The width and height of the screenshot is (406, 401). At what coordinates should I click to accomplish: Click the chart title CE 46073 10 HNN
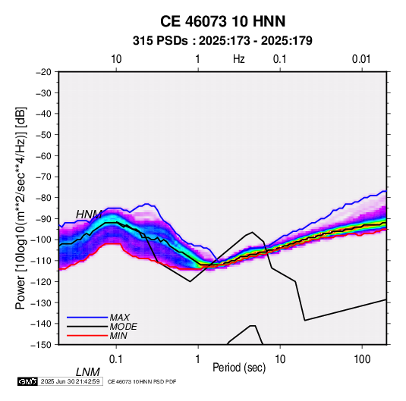pos(222,21)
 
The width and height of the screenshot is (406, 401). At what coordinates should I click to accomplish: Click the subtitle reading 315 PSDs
pos(160,41)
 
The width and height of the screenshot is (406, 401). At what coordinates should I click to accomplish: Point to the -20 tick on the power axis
pos(43,72)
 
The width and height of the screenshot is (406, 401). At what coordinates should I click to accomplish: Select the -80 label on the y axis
pos(43,198)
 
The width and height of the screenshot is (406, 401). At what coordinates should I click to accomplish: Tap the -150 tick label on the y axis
pos(41,345)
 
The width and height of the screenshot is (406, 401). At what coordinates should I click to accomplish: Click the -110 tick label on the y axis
pos(41,261)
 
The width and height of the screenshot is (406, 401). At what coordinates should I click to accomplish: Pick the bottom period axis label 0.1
pos(116,359)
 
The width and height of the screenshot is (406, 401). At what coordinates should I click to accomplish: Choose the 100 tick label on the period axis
pos(362,359)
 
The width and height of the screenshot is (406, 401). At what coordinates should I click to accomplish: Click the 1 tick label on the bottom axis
pos(198,359)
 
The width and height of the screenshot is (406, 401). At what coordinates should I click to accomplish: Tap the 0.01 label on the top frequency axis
pos(361,59)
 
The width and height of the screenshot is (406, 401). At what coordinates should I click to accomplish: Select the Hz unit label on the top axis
pos(239,59)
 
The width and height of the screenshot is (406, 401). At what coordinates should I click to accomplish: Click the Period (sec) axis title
pos(239,368)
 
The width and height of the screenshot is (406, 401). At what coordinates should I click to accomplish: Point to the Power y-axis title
pos(20,208)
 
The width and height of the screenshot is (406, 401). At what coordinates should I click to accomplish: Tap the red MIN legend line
pos(87,336)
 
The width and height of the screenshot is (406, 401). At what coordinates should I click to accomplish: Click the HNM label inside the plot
pos(89,215)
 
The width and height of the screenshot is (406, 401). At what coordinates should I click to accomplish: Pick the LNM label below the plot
pos(88,372)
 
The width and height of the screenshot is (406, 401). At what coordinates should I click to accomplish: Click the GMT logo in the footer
pos(27,381)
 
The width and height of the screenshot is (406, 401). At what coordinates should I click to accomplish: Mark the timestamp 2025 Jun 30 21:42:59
pos(70,381)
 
